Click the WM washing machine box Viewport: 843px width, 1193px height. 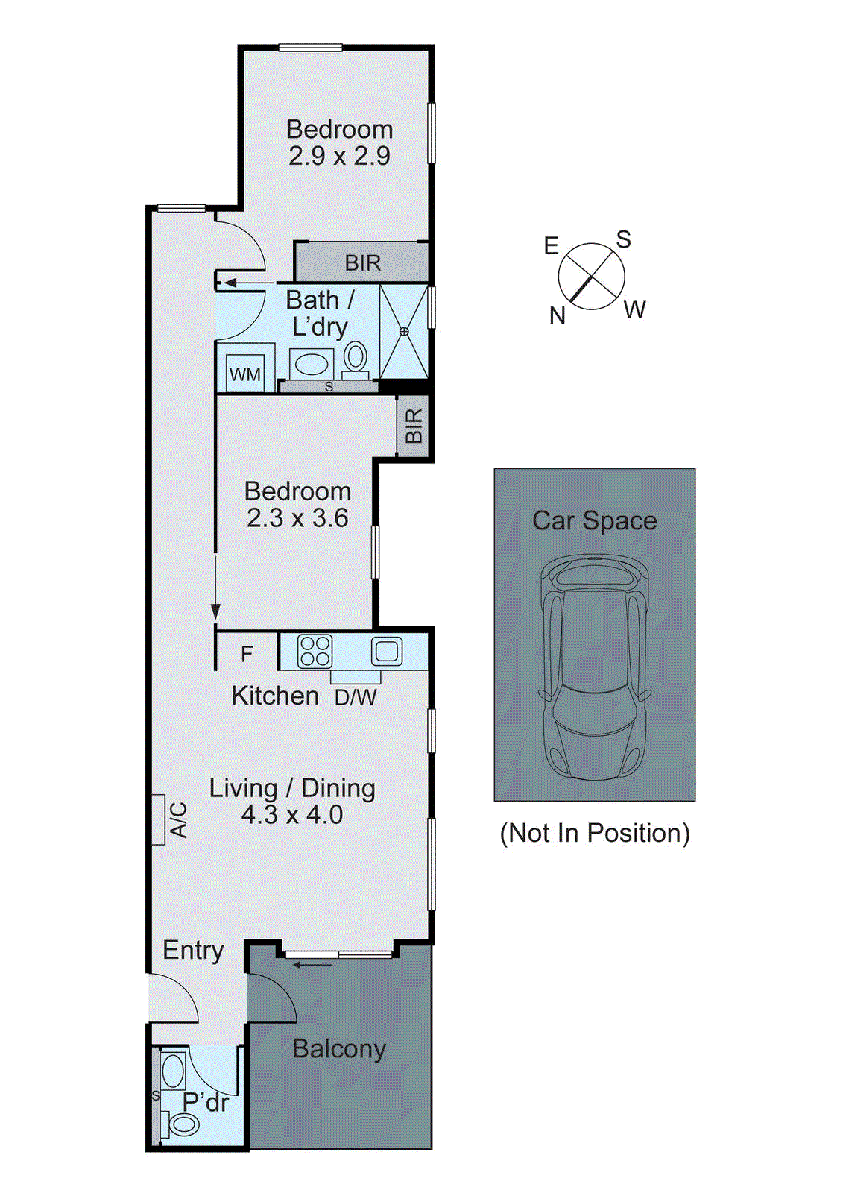point(244,374)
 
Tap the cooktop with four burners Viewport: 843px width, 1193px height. point(315,650)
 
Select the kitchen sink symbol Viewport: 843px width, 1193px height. point(387,651)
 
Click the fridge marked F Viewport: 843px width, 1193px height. point(247,654)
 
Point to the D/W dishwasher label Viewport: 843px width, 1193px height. point(356,698)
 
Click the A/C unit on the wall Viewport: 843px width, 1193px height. point(158,819)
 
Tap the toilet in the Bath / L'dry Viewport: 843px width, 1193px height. point(356,358)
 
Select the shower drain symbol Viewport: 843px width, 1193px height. point(404,331)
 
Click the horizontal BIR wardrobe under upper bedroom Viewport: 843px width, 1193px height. point(362,262)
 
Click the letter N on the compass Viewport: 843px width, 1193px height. point(558,316)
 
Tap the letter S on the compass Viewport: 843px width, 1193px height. point(623,239)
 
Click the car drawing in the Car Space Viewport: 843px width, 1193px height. point(594,667)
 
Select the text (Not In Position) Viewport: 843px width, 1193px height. point(594,833)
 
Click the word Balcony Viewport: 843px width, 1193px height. point(339,1048)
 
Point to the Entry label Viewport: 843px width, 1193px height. point(193,950)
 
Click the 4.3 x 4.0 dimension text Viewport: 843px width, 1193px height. point(291,814)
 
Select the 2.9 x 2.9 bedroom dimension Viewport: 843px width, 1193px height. point(339,156)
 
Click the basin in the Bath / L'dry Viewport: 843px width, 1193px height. point(310,365)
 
